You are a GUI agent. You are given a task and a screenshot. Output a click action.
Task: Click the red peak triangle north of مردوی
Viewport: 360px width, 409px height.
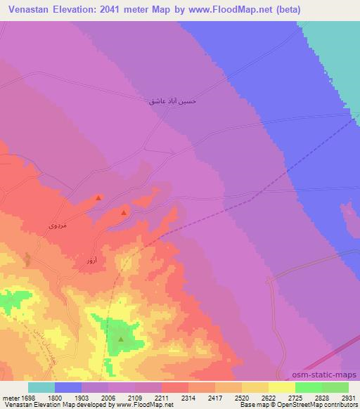[x=98, y=198]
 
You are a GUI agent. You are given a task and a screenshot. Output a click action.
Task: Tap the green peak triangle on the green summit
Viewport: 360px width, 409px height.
[x=121, y=339]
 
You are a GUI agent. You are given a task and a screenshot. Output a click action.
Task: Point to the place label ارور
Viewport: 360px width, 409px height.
[x=91, y=261]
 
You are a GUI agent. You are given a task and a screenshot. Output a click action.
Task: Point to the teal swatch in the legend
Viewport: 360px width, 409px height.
[x=41, y=387]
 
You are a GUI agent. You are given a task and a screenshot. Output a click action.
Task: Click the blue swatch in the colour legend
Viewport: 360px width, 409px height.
[x=68, y=387]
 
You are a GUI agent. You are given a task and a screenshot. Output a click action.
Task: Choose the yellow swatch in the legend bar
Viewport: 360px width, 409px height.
[x=282, y=387]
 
